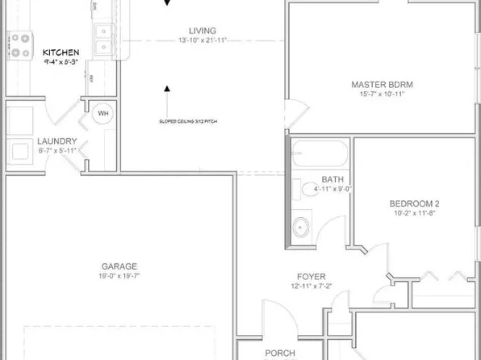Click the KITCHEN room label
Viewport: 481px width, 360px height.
[x=61, y=52]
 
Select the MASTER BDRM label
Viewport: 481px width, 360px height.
[x=377, y=84]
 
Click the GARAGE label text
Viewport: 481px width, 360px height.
[x=119, y=266]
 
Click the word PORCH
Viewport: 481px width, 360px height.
[x=280, y=354]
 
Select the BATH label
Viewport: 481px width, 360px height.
[x=333, y=179]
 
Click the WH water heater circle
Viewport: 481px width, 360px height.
[x=103, y=114]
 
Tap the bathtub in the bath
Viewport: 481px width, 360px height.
[x=320, y=153]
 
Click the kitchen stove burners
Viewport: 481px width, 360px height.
[x=19, y=44]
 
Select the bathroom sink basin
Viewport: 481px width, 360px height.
[x=303, y=224]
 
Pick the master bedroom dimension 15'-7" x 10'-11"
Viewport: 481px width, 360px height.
[x=377, y=94]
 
